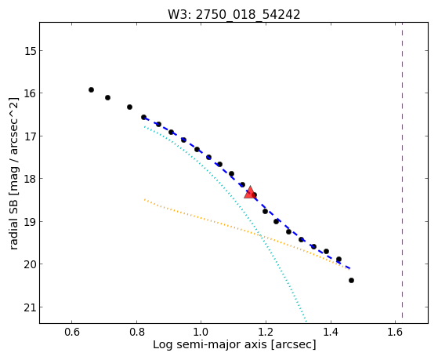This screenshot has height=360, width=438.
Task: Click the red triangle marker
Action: point(250,193)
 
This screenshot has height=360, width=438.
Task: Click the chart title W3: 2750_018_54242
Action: point(233,14)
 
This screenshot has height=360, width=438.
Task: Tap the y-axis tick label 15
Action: point(30,51)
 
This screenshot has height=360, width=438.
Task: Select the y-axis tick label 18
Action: point(30,179)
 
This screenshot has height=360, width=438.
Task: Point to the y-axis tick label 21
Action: point(30,307)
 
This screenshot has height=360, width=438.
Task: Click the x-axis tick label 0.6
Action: point(72,332)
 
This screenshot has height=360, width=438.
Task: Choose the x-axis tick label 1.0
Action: point(201,332)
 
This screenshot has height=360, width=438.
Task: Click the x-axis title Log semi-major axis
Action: point(210,344)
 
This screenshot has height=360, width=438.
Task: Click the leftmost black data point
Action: point(91,89)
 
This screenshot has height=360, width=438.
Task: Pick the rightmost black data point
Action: point(351,280)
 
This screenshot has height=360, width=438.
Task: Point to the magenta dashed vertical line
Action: point(402,170)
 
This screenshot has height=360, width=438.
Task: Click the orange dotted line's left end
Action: point(144,199)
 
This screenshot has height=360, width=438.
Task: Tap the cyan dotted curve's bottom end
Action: point(306,321)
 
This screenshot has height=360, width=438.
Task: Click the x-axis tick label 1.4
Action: point(331,332)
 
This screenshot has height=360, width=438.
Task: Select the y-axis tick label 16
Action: point(30,93)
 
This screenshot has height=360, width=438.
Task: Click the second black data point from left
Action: point(107,97)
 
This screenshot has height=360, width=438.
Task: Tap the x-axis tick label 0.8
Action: point(136,332)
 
